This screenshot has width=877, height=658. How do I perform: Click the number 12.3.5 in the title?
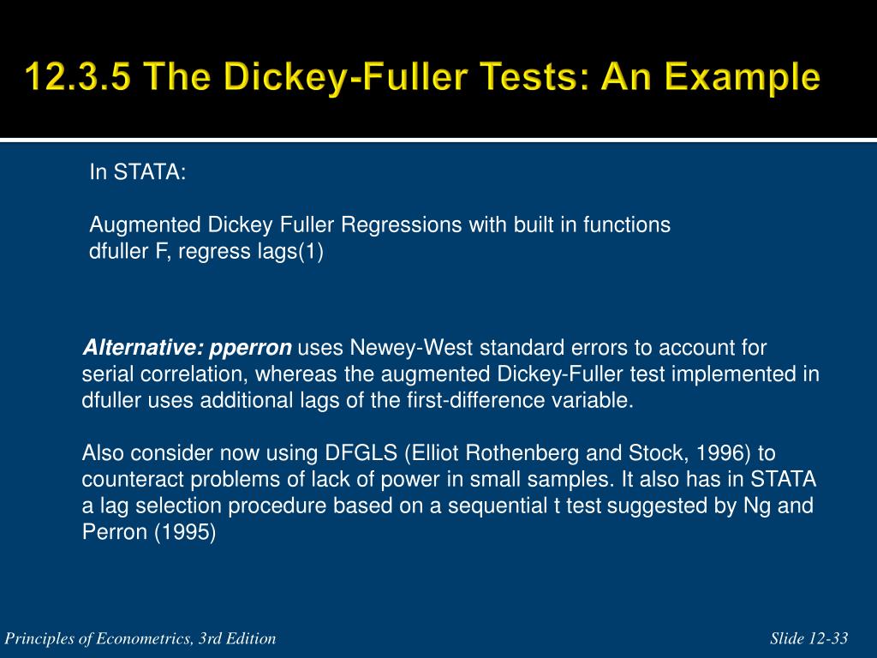pyautogui.click(x=79, y=75)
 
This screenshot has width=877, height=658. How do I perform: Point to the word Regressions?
pyautogui.click(x=402, y=225)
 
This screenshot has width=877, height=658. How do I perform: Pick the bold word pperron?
pyautogui.click(x=250, y=349)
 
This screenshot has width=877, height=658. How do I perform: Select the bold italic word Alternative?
pyautogui.click(x=143, y=348)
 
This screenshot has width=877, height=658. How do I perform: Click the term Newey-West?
pyautogui.click(x=411, y=348)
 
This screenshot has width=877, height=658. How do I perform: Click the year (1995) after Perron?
pyautogui.click(x=185, y=532)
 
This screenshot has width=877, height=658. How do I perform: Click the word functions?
pyautogui.click(x=626, y=225)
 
